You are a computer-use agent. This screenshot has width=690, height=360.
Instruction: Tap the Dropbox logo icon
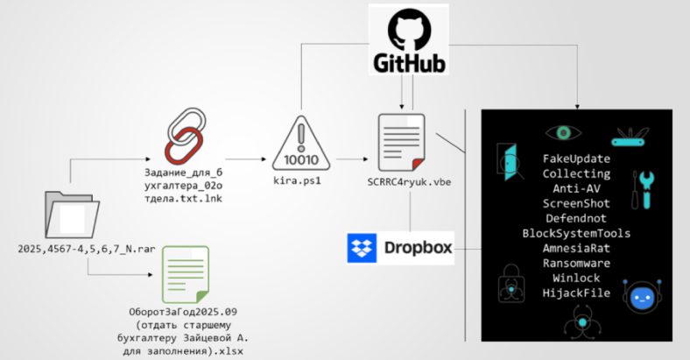[x=363, y=247]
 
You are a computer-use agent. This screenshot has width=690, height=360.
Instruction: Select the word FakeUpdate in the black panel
[x=577, y=159]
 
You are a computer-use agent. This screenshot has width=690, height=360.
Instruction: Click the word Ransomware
[x=577, y=263]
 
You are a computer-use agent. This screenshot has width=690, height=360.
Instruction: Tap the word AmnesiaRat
[x=577, y=248]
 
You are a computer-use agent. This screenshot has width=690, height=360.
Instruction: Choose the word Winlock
[x=577, y=278]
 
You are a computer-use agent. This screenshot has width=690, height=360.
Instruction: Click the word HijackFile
[x=577, y=293]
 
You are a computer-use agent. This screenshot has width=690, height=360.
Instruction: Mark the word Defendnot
[x=577, y=218]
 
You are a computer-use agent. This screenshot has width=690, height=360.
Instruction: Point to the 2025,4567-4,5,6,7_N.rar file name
[x=86, y=250]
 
